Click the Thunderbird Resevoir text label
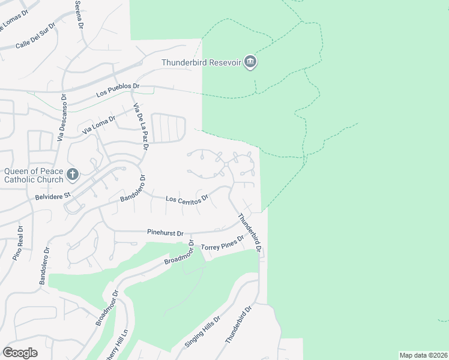click(201, 62)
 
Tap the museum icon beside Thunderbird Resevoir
click(251, 62)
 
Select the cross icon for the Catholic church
click(72, 175)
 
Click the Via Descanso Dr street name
click(61, 118)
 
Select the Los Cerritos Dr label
click(187, 199)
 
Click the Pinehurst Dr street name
click(164, 232)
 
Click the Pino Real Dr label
click(17, 243)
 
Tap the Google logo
click(20, 353)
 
